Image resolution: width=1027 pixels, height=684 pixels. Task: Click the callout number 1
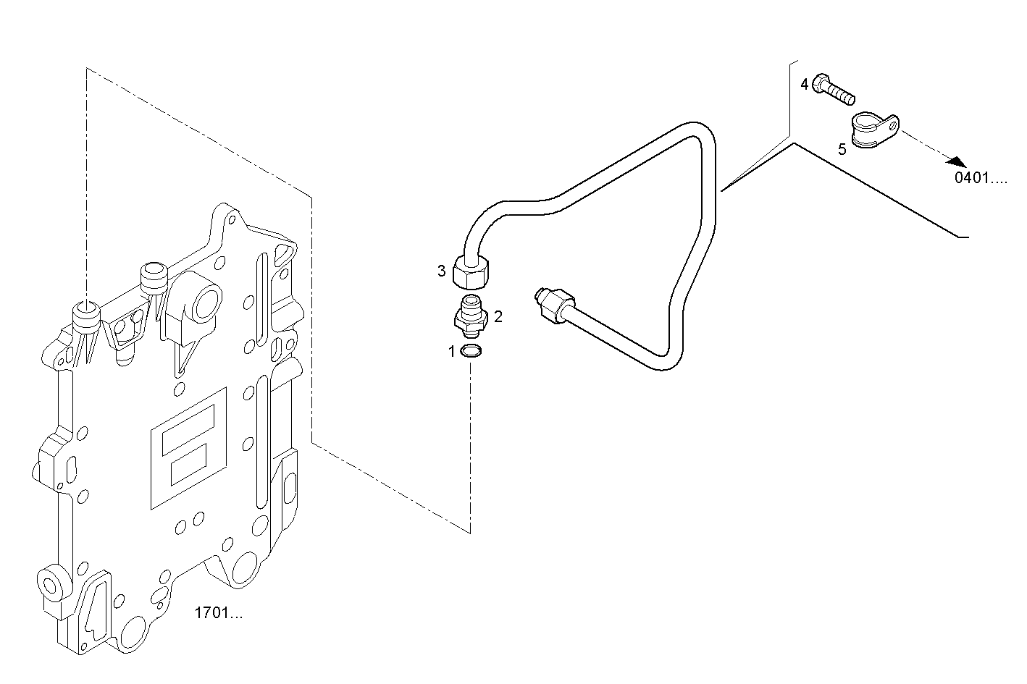point(452,352)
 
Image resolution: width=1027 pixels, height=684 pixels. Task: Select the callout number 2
point(498,316)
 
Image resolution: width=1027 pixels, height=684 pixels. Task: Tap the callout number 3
point(441,271)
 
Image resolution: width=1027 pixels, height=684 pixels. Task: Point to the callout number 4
point(804,85)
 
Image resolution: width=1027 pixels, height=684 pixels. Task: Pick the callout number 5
point(842,150)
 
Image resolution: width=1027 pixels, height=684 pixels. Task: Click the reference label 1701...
point(218,614)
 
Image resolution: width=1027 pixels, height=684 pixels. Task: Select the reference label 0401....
point(980,178)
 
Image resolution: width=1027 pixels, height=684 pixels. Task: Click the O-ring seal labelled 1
point(471,352)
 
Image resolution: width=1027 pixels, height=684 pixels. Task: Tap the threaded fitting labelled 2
point(470,316)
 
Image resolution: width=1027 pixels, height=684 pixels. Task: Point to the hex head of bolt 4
point(821,83)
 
